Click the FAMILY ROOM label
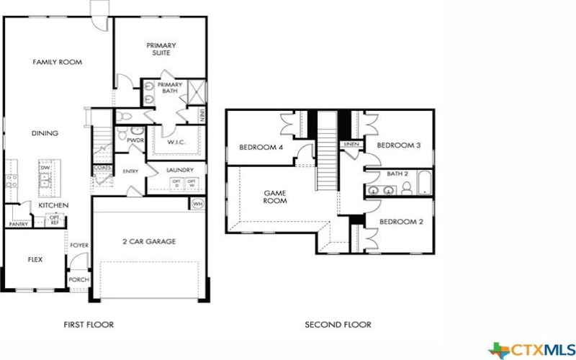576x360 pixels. tap(55, 63)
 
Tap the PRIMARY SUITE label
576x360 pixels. tap(161, 49)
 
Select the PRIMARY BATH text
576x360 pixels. tap(170, 88)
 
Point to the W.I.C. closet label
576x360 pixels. tap(176, 142)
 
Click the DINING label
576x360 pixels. tap(45, 133)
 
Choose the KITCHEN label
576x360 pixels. tap(53, 206)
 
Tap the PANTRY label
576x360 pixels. tap(18, 224)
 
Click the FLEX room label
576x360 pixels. tap(35, 259)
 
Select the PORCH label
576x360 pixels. tap(78, 279)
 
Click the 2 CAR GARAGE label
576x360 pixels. tap(148, 241)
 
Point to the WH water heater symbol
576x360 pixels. tap(197, 204)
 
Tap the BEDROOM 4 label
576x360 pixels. tap(261, 148)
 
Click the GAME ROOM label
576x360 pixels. tap(275, 197)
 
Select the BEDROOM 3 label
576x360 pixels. tap(398, 145)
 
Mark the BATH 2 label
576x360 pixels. tap(397, 174)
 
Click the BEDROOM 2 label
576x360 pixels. tap(401, 222)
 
